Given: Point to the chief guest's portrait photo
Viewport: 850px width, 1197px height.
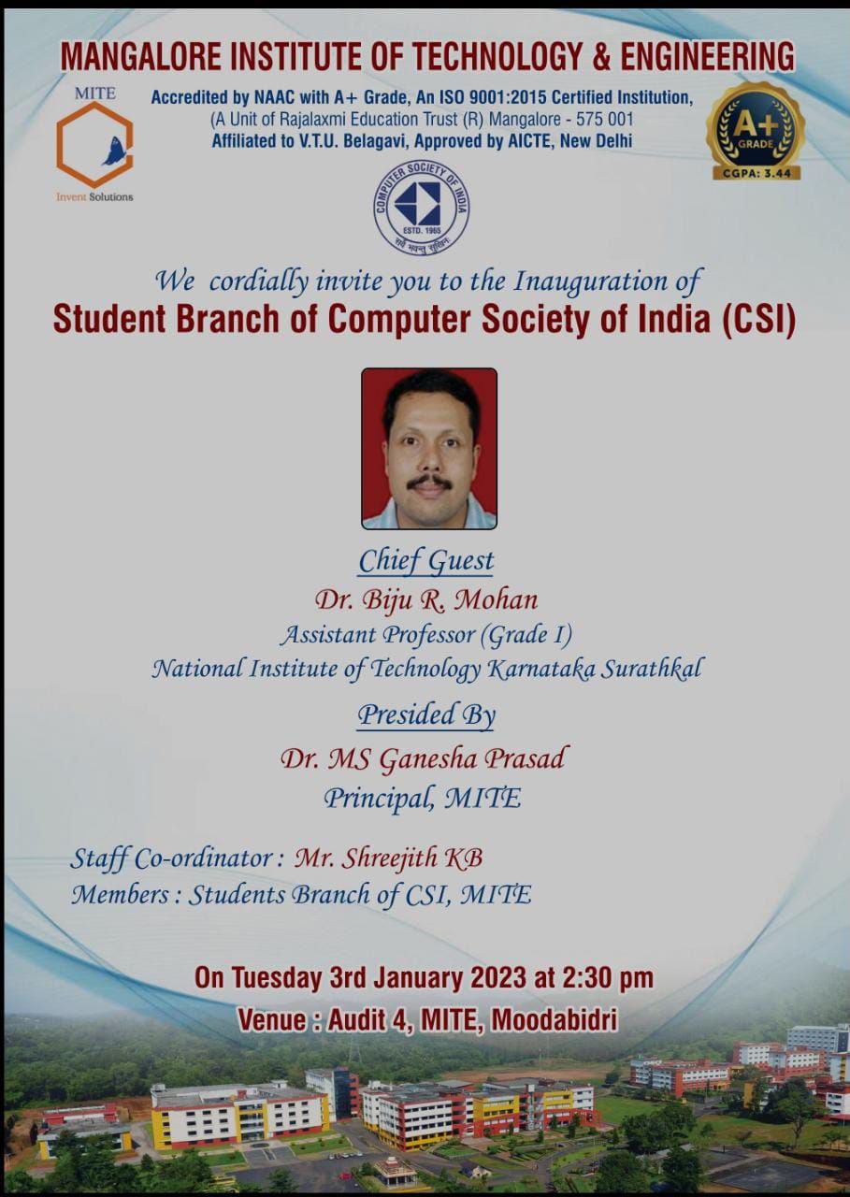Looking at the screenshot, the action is tap(429, 448).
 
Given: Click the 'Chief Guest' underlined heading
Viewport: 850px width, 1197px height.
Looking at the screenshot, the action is tap(425, 562).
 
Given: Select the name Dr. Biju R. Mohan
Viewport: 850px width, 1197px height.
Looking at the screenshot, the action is tap(425, 600).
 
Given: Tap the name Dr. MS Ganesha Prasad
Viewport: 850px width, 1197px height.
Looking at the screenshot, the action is tap(423, 758).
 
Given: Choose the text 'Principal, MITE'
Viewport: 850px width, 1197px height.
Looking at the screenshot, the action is tap(422, 800).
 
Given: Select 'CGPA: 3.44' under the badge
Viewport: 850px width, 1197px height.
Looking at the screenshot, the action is tap(756, 173).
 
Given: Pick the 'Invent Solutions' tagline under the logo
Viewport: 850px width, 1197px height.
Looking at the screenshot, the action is tap(94, 196).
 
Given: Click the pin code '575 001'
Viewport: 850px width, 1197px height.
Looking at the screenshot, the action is tap(604, 119).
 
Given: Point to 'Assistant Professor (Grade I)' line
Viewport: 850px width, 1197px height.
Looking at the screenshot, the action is tap(426, 635).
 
